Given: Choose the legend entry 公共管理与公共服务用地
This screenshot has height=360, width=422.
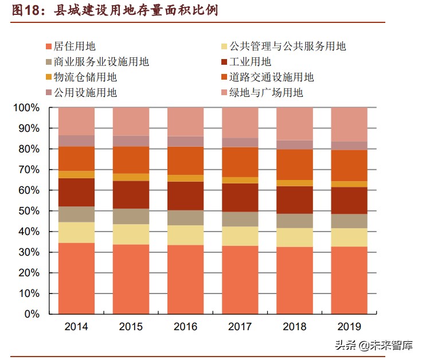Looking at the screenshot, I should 287,46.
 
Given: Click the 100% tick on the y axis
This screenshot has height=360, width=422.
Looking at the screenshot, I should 26,108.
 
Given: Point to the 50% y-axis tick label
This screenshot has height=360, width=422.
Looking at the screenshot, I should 28,211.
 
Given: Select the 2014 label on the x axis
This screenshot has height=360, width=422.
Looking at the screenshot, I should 76,327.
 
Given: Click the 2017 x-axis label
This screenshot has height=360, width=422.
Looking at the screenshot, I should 240,327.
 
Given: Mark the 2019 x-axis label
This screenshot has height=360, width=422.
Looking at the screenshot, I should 349,327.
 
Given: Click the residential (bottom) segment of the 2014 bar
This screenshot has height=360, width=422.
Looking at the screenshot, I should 76,278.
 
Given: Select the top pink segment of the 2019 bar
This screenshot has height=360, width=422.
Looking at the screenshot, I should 349,124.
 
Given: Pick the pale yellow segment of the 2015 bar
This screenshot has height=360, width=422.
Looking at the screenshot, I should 131,234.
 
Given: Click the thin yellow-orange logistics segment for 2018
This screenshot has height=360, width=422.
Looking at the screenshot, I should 295,183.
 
